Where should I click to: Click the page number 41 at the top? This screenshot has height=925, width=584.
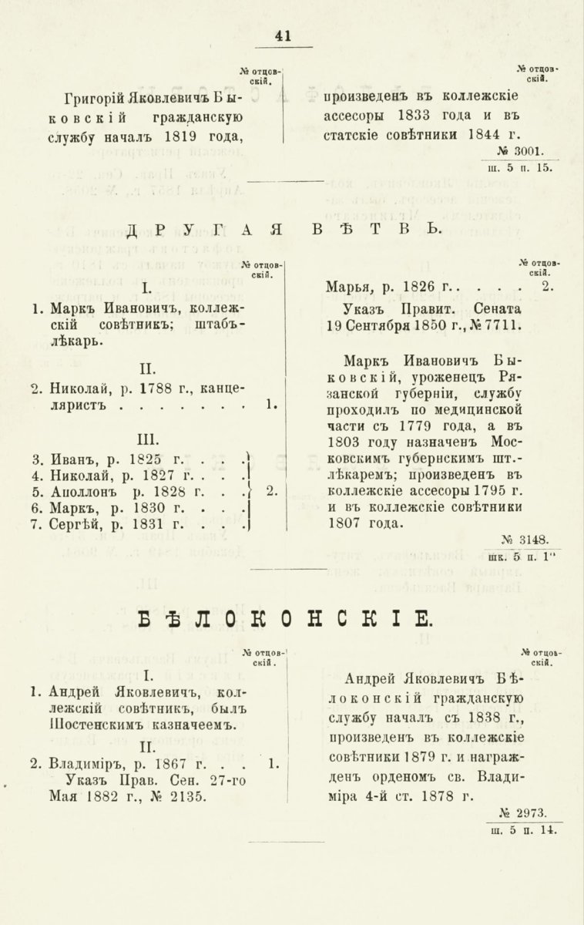tap(283, 35)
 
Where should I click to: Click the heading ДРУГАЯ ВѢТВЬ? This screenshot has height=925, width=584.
tap(284, 229)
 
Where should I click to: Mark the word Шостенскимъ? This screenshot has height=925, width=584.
tap(92, 725)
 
